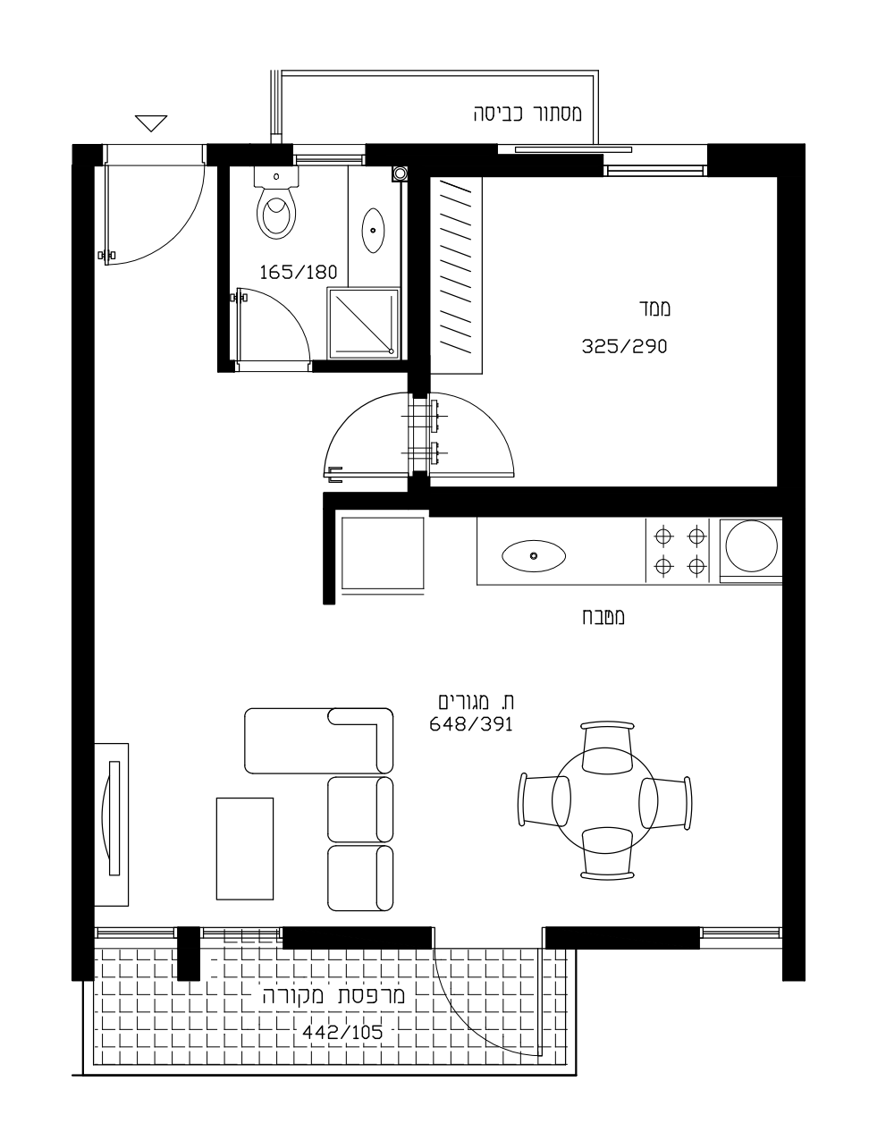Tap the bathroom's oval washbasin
[373, 231]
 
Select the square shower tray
[364, 323]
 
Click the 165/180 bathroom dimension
[299, 272]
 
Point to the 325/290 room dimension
[624, 346]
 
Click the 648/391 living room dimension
[470, 724]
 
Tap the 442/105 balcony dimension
[342, 1032]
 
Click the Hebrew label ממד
[655, 308]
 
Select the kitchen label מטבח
[603, 617]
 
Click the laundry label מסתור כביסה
[527, 114]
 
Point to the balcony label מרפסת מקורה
[333, 995]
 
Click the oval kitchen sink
[533, 556]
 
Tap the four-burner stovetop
[679, 550]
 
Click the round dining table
[604, 800]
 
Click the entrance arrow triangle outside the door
[151, 122]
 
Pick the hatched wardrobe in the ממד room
[456, 275]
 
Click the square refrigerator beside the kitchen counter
[382, 553]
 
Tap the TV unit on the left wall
[111, 824]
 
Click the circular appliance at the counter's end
[751, 546]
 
